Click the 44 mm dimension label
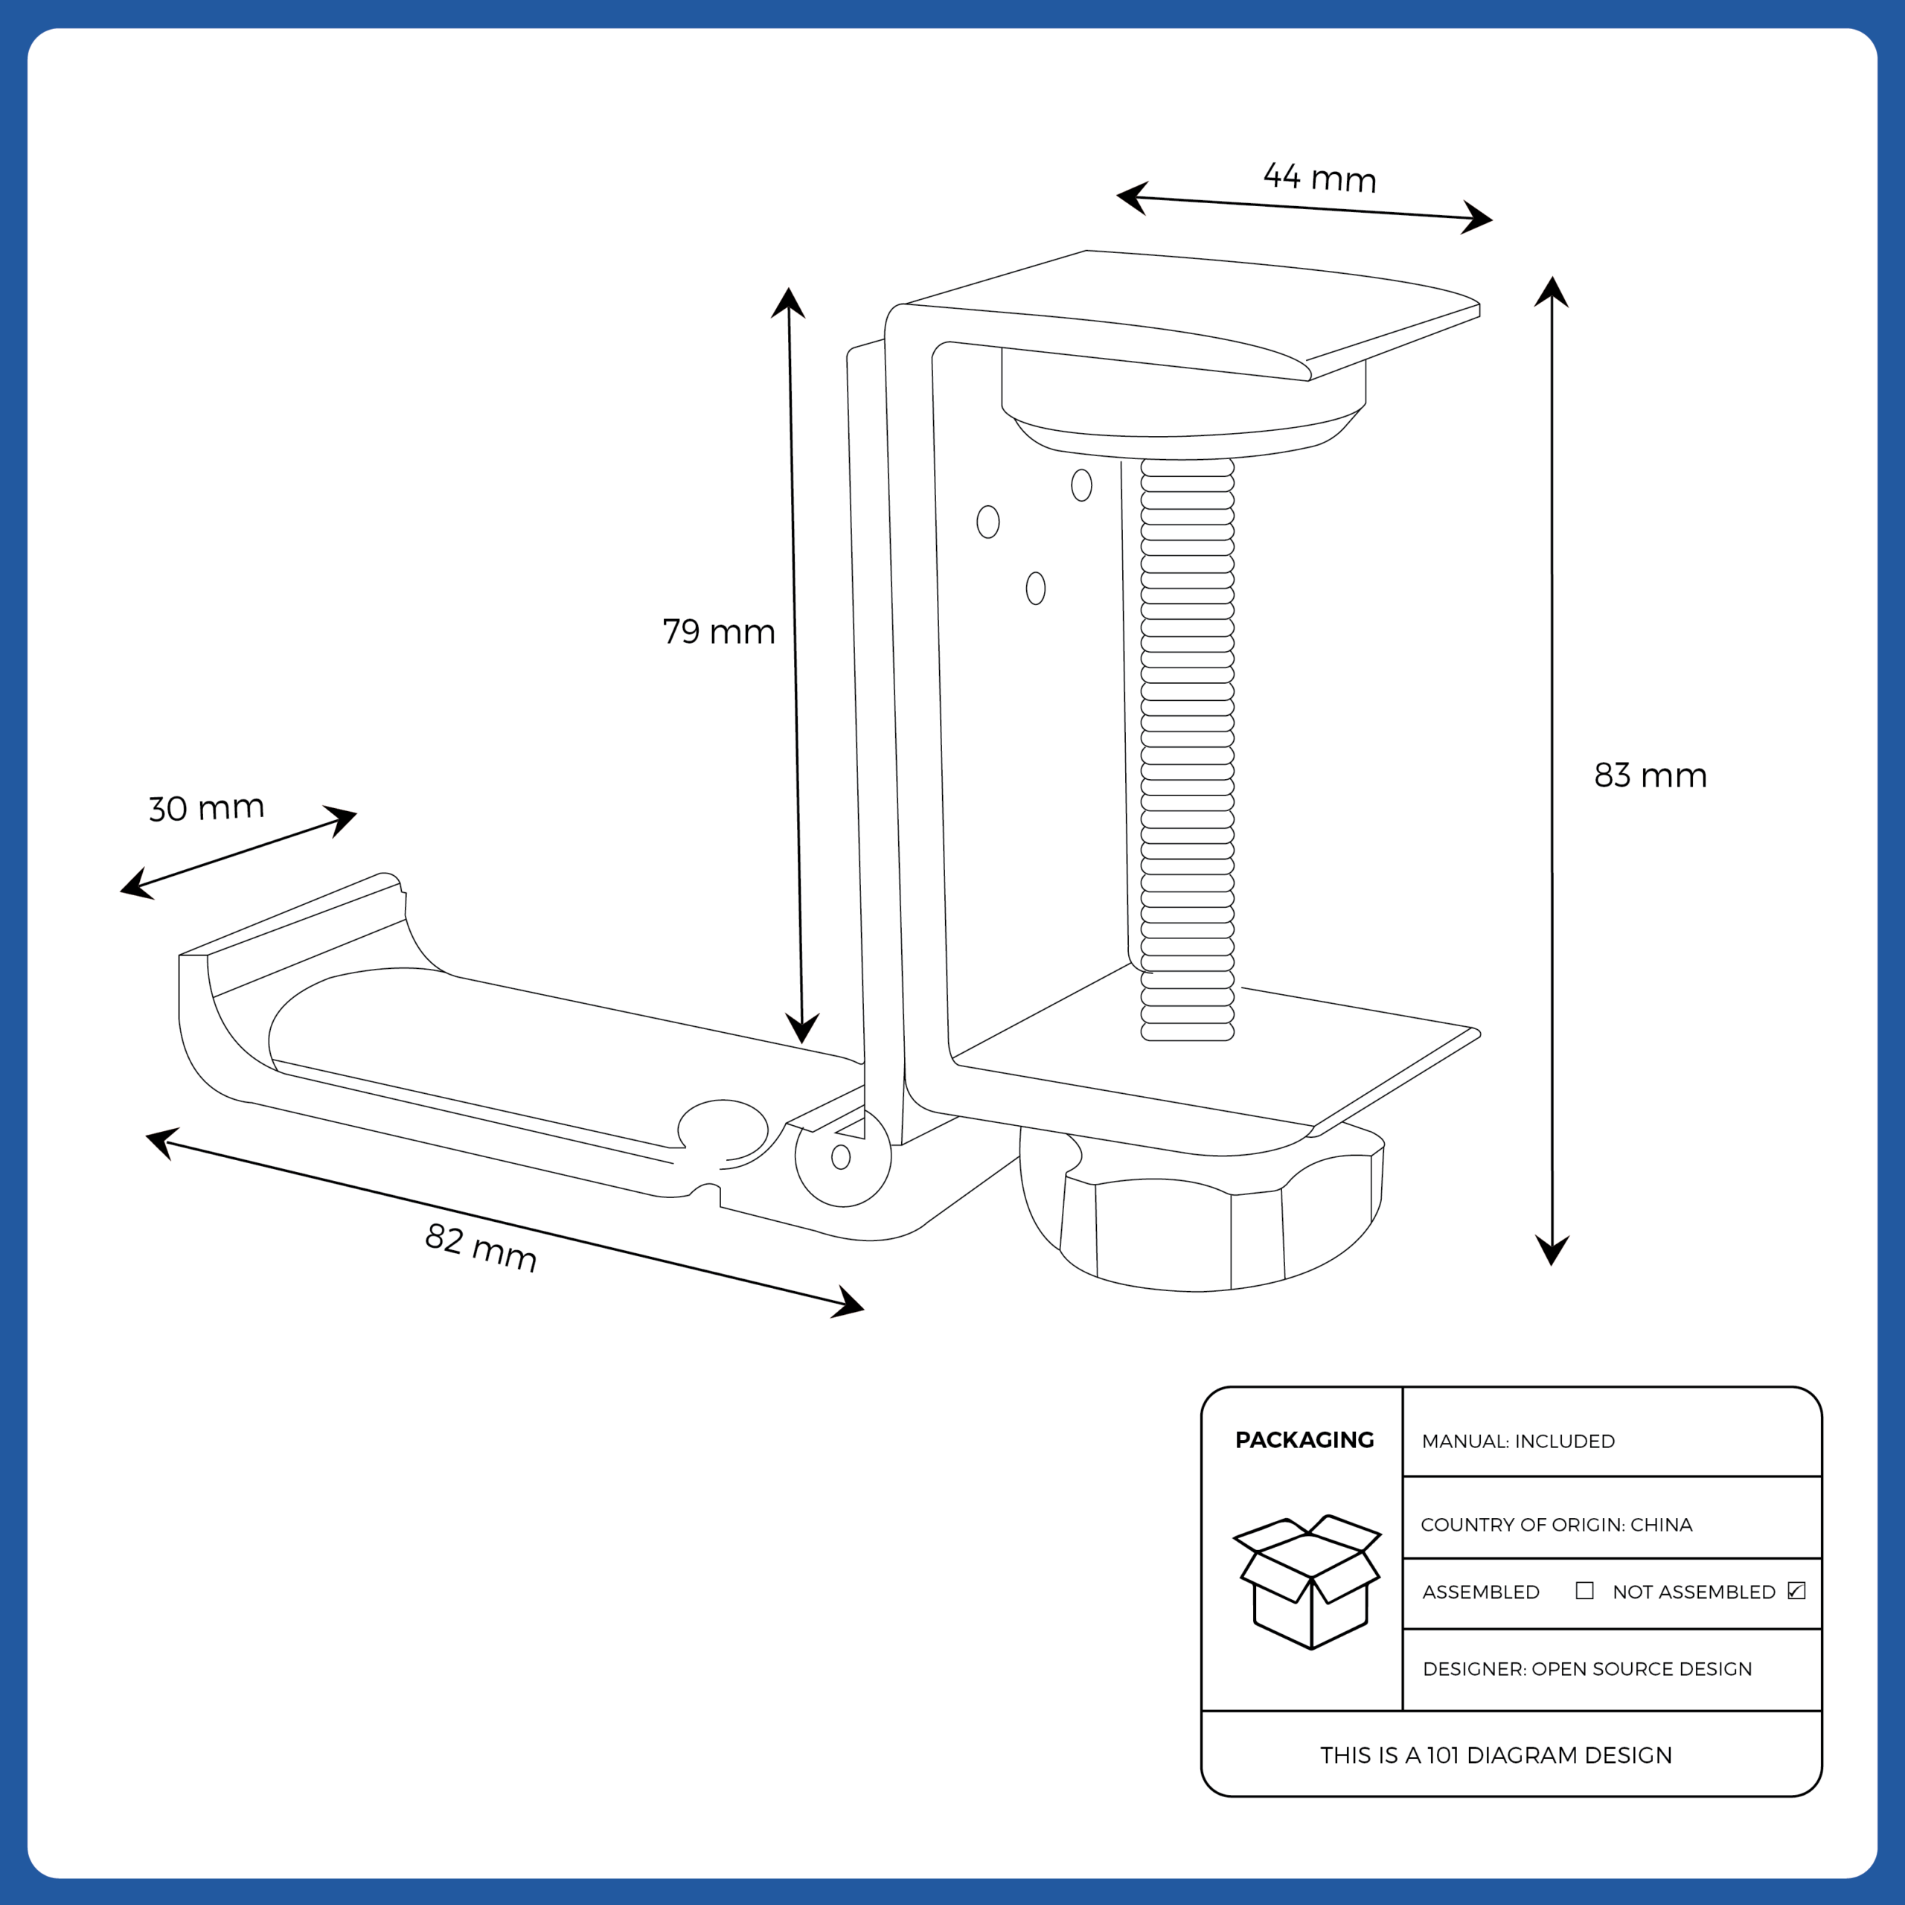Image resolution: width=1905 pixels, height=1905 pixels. (1319, 178)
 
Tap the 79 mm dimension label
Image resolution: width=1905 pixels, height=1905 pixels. (718, 632)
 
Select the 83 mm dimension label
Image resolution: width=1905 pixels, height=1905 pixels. (1651, 775)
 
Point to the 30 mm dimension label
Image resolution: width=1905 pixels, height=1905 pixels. (206, 807)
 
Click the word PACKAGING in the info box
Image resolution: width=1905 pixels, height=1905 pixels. (1304, 1441)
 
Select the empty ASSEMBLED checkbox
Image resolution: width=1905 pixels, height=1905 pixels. (1584, 1590)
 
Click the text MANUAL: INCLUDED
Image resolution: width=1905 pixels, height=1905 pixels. (1517, 1441)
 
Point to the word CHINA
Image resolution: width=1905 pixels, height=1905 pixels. (1662, 1525)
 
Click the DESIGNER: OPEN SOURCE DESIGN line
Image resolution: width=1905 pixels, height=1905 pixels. (1587, 1669)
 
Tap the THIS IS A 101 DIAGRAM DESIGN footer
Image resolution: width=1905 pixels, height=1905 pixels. (1496, 1756)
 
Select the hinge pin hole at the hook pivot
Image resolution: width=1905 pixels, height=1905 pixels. (841, 1156)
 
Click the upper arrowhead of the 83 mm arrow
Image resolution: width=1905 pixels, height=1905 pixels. (1551, 291)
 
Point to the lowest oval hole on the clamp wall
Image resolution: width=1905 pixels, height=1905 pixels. (1035, 589)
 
